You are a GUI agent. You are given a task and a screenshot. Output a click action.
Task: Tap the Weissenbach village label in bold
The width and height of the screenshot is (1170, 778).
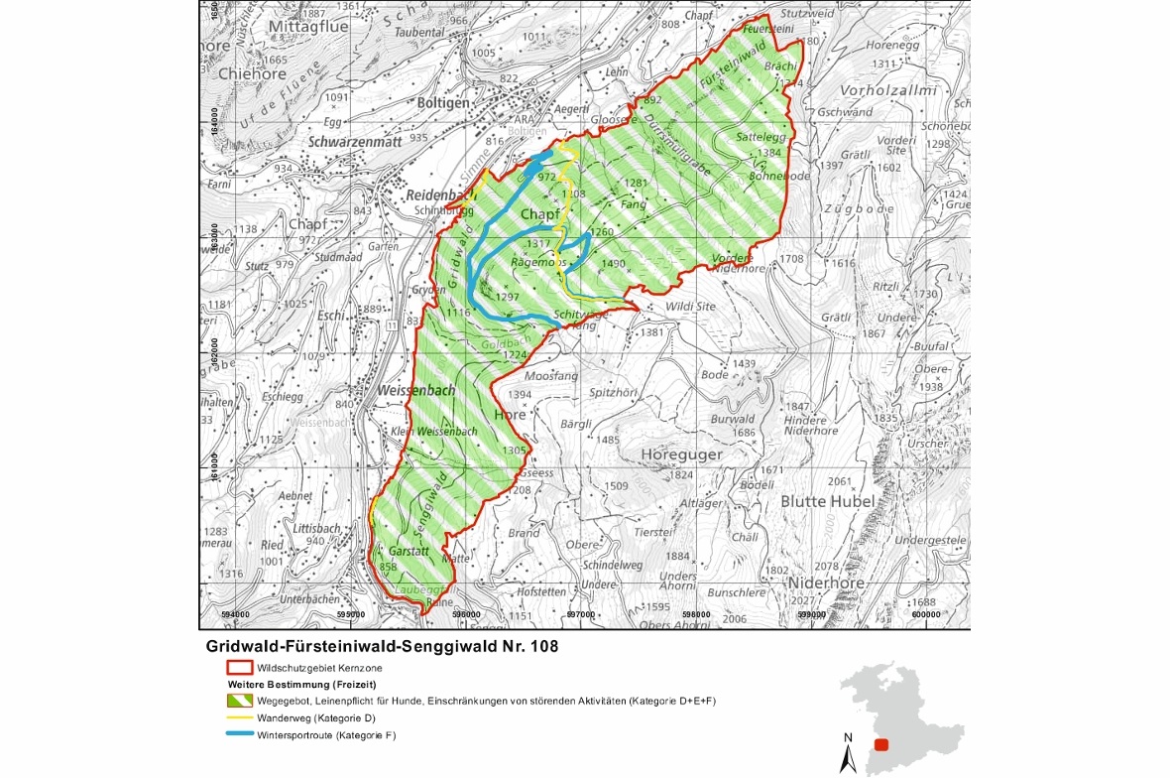[x=416, y=390]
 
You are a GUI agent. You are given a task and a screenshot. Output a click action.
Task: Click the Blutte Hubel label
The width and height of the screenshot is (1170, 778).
[x=828, y=501]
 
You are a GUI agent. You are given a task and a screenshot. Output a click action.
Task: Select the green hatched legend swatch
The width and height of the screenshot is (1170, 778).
[x=239, y=702]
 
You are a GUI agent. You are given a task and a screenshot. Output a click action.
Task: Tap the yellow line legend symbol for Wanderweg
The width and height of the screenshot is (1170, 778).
[x=239, y=717]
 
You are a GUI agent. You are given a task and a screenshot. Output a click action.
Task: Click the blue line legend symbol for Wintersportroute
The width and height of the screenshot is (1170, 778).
[x=239, y=735]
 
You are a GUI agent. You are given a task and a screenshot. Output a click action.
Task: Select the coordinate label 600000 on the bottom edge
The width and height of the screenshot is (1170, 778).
[x=924, y=615]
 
